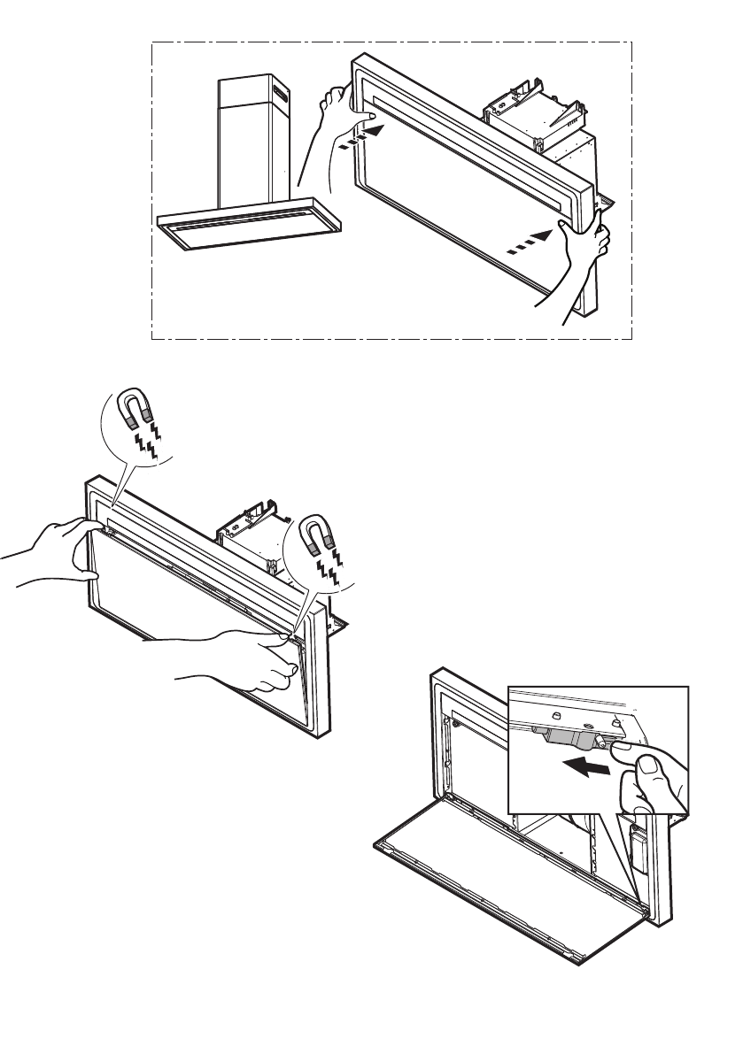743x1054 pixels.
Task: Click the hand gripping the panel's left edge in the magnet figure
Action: pos(58,553)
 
